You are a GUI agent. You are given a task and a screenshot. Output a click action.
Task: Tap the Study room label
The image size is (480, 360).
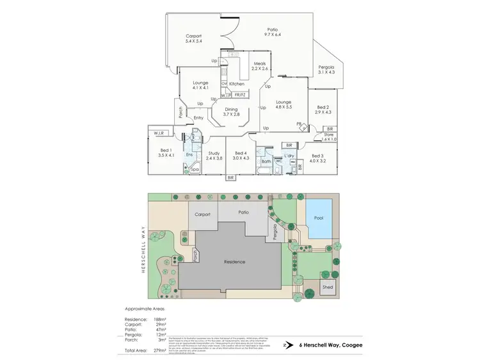[x=215, y=153]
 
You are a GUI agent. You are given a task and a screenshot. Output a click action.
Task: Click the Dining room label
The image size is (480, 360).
[x=231, y=110]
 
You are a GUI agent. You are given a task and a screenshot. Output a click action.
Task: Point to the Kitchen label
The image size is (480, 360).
[x=237, y=84]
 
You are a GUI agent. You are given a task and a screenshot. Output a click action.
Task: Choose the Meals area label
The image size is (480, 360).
[x=259, y=63]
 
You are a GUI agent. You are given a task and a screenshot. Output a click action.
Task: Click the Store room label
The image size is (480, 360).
[x=330, y=135]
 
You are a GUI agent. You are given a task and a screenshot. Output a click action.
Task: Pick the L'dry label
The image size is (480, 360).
[x=288, y=156]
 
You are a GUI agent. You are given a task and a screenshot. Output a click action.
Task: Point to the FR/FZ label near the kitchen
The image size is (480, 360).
[x=240, y=95]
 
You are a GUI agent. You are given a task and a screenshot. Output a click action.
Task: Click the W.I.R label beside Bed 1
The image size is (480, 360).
[x=159, y=133]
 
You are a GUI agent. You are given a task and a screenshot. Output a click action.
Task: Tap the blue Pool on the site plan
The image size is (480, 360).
[x=318, y=218]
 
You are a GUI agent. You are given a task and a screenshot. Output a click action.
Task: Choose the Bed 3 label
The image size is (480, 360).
[x=319, y=156]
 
